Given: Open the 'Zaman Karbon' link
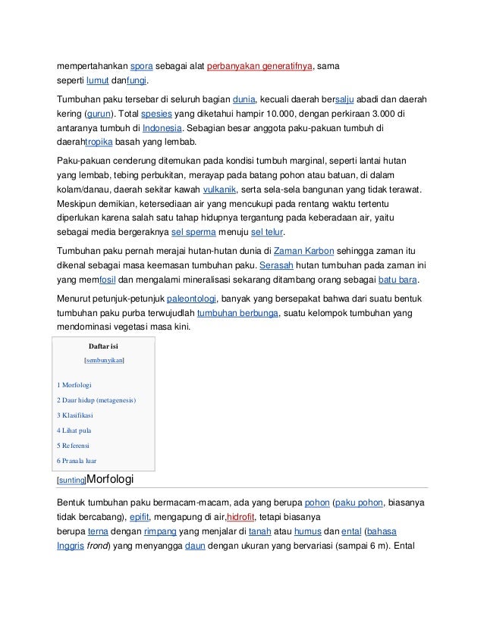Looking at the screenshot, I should [x=302, y=251].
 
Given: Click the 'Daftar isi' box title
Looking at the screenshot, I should [x=104, y=346].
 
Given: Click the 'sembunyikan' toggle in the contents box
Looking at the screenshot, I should [x=105, y=362].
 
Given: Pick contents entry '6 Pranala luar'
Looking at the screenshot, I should [x=77, y=460].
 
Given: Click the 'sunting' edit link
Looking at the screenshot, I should [x=72, y=480].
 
